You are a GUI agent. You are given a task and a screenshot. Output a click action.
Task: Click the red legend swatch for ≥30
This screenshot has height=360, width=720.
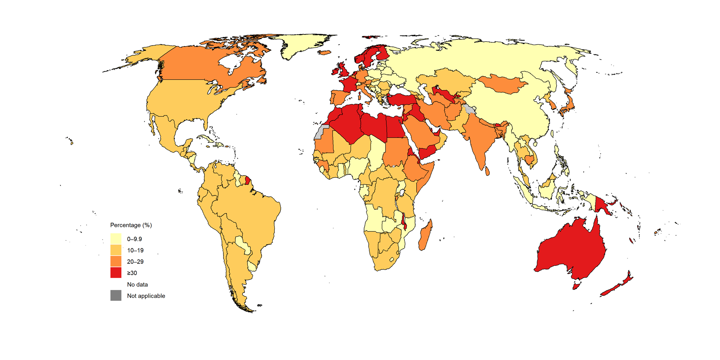[x=116, y=273]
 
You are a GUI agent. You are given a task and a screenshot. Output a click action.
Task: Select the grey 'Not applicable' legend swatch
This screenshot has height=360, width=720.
[x=116, y=295]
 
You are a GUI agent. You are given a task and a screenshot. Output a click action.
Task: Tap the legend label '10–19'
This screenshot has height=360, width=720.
[x=135, y=250]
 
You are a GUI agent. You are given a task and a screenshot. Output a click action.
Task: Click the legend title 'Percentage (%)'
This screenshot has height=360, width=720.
[x=131, y=225]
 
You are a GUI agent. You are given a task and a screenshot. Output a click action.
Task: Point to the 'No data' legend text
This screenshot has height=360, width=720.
[x=137, y=284]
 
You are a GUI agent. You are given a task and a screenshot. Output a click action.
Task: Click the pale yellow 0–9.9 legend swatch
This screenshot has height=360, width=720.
[x=116, y=238]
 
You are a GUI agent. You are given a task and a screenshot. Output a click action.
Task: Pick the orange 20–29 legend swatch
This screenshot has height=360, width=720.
[x=116, y=261]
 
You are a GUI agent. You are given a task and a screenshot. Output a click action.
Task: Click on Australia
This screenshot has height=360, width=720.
[x=570, y=251]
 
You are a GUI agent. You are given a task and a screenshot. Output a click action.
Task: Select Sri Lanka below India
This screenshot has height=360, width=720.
[x=487, y=171]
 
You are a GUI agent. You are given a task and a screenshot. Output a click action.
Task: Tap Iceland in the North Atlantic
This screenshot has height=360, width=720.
[x=325, y=53]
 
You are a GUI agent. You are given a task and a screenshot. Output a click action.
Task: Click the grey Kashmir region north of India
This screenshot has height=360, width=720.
[x=469, y=110]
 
